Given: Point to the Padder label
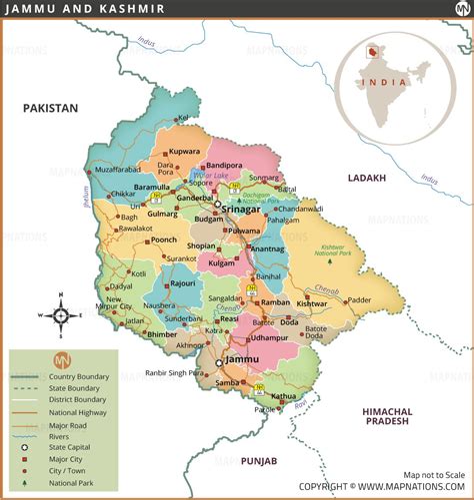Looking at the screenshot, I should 387,299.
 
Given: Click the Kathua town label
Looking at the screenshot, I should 284,396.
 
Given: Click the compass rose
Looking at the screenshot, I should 59,316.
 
